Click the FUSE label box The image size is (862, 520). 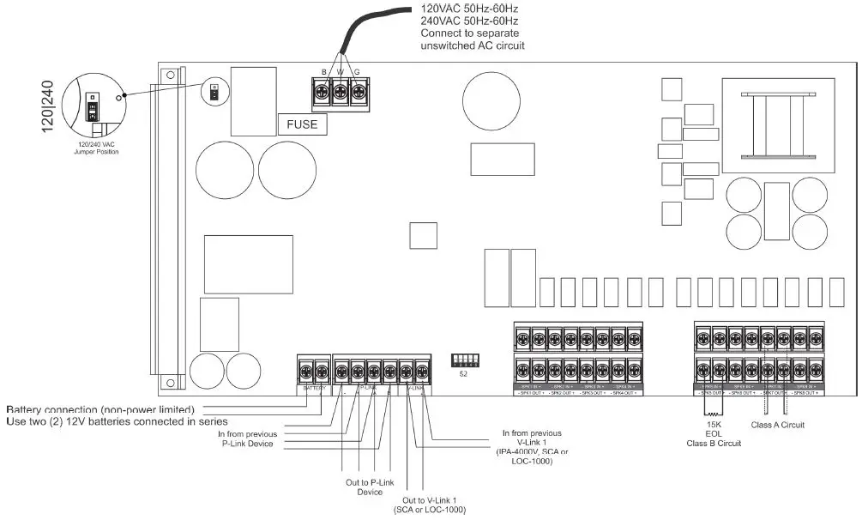301,124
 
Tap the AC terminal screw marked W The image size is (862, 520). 341,89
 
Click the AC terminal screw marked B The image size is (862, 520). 323,89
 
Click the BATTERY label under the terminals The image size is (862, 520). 314,389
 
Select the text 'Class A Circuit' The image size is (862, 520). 777,425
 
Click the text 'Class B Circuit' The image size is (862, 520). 713,444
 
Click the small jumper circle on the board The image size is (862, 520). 212,90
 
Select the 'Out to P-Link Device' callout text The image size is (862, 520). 370,487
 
